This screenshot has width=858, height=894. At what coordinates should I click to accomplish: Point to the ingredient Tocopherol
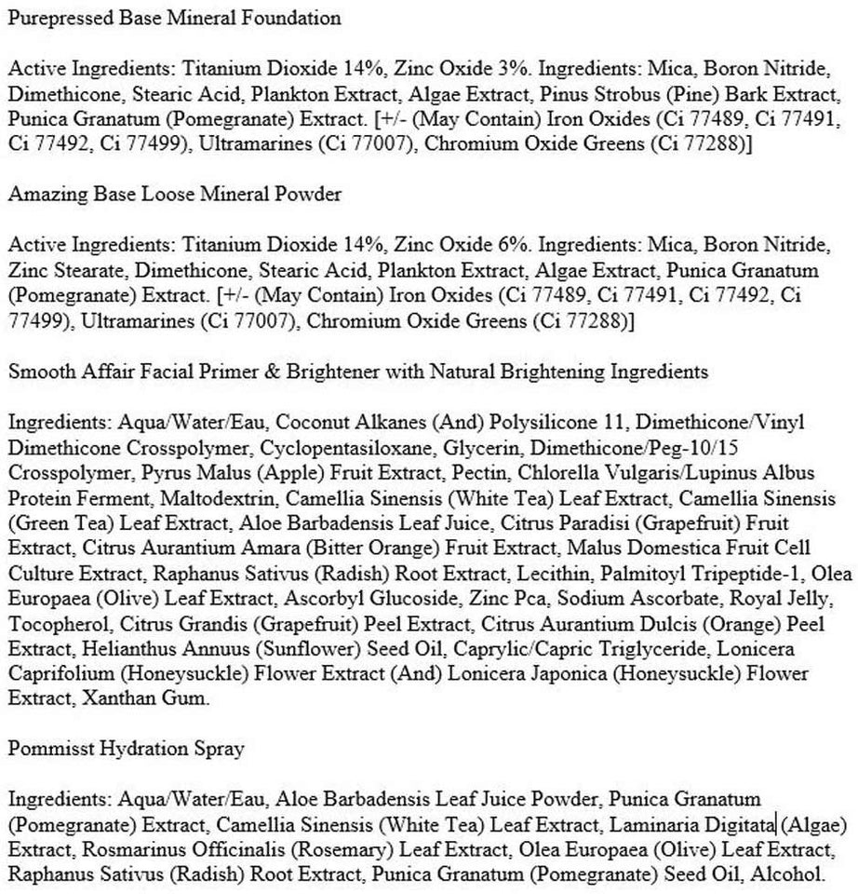coord(51,623)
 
